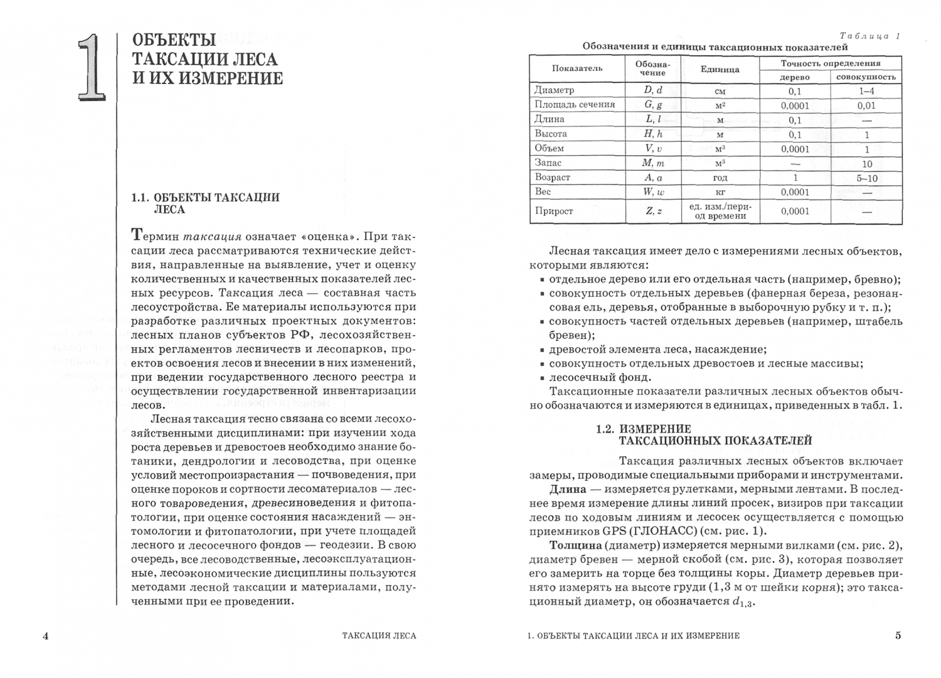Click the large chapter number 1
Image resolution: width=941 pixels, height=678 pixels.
coord(92,67)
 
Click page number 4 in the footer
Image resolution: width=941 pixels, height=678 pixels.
coord(45,635)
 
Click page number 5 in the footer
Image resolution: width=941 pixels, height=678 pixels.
coord(898,635)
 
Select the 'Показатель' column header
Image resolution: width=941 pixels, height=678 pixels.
coord(577,68)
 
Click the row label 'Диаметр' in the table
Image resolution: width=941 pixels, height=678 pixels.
coord(554,90)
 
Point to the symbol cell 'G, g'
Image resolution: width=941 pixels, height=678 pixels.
coord(653,105)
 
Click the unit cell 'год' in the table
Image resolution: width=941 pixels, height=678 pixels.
coord(720,178)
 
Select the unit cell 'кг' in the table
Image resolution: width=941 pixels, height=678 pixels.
coord(720,193)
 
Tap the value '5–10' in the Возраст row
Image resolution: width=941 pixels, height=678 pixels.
coord(867,178)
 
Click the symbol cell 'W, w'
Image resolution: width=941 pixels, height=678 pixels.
coord(653,192)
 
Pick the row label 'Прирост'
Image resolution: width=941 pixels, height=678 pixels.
coord(554,211)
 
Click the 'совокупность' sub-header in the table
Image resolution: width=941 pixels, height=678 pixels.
coord(866,77)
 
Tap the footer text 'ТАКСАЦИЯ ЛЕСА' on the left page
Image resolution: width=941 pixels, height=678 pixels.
coord(379,635)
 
